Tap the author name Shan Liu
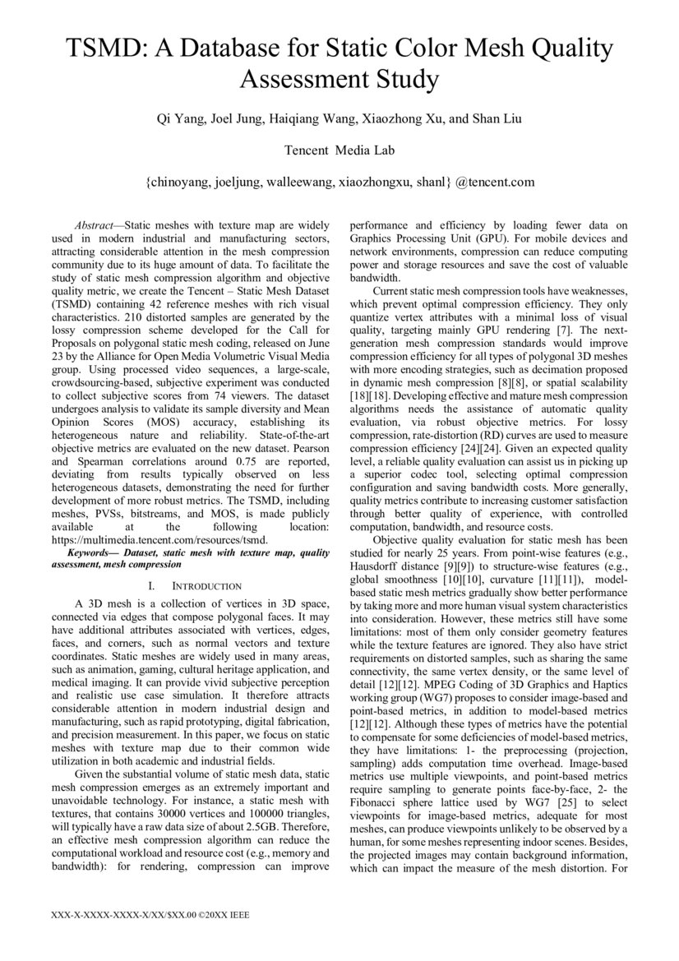[497, 120]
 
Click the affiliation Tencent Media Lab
[339, 151]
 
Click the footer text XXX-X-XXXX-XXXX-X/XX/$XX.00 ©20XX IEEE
[150, 914]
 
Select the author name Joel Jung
[237, 120]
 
